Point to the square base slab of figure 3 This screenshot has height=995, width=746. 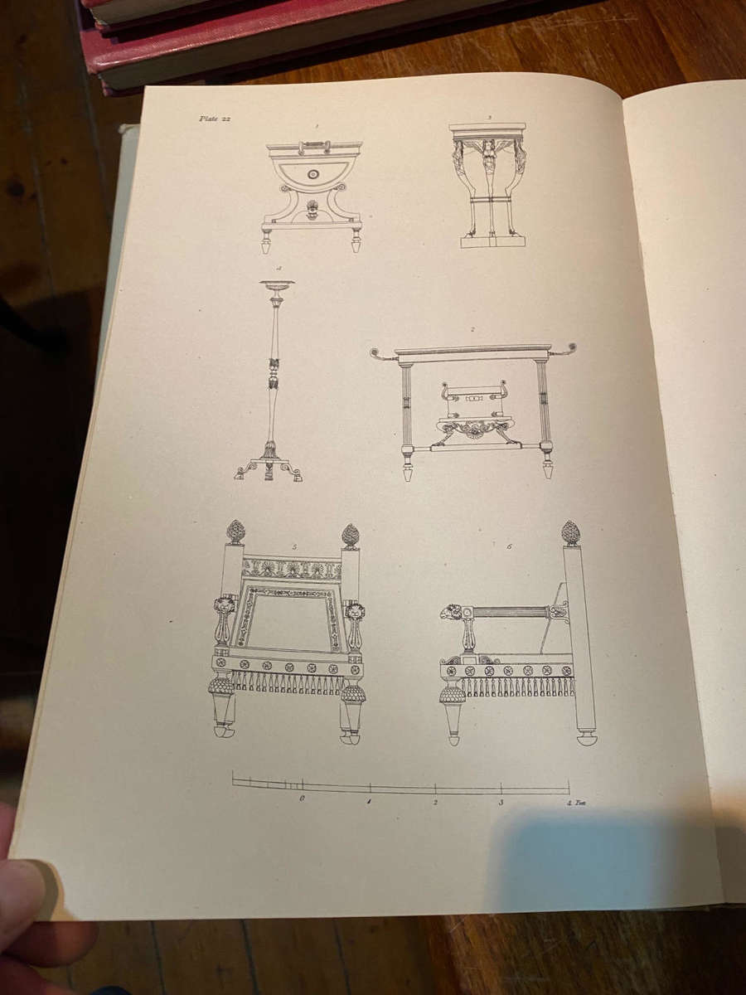point(493,241)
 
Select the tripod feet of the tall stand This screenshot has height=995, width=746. point(268,470)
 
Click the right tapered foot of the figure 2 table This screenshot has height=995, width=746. point(547,468)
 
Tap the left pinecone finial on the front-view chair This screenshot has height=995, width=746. point(235,531)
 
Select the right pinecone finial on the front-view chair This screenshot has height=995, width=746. point(350,535)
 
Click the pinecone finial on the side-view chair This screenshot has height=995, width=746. point(570,532)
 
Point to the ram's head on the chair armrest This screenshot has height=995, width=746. point(452,613)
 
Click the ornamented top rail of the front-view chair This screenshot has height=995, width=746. point(292,568)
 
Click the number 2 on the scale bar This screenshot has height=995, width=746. point(435,802)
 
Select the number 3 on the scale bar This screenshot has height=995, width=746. point(501,802)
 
